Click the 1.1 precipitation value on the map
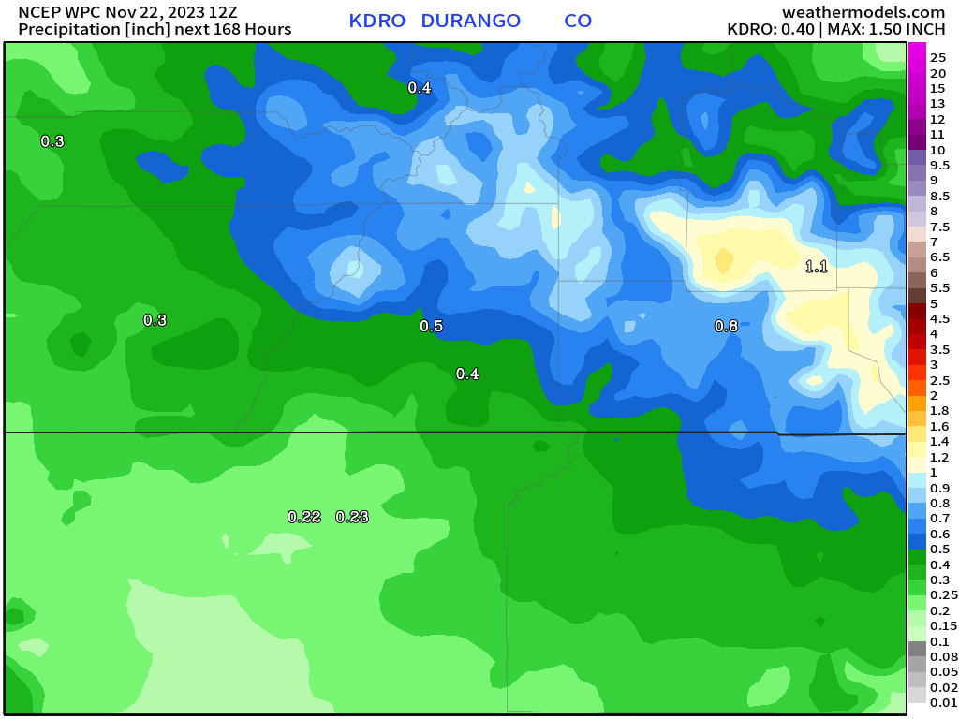point(817,267)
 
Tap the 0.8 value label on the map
point(726,326)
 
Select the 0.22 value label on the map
point(304,517)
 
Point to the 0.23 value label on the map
point(352,517)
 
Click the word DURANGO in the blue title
point(471,21)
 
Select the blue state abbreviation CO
point(578,21)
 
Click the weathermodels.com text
point(863,12)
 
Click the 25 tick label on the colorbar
point(937,58)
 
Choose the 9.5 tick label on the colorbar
point(939,165)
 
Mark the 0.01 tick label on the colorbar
point(943,702)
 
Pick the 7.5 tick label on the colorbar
point(939,227)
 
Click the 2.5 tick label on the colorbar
point(939,380)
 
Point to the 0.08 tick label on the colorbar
point(943,657)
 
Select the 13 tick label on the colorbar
point(937,104)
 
